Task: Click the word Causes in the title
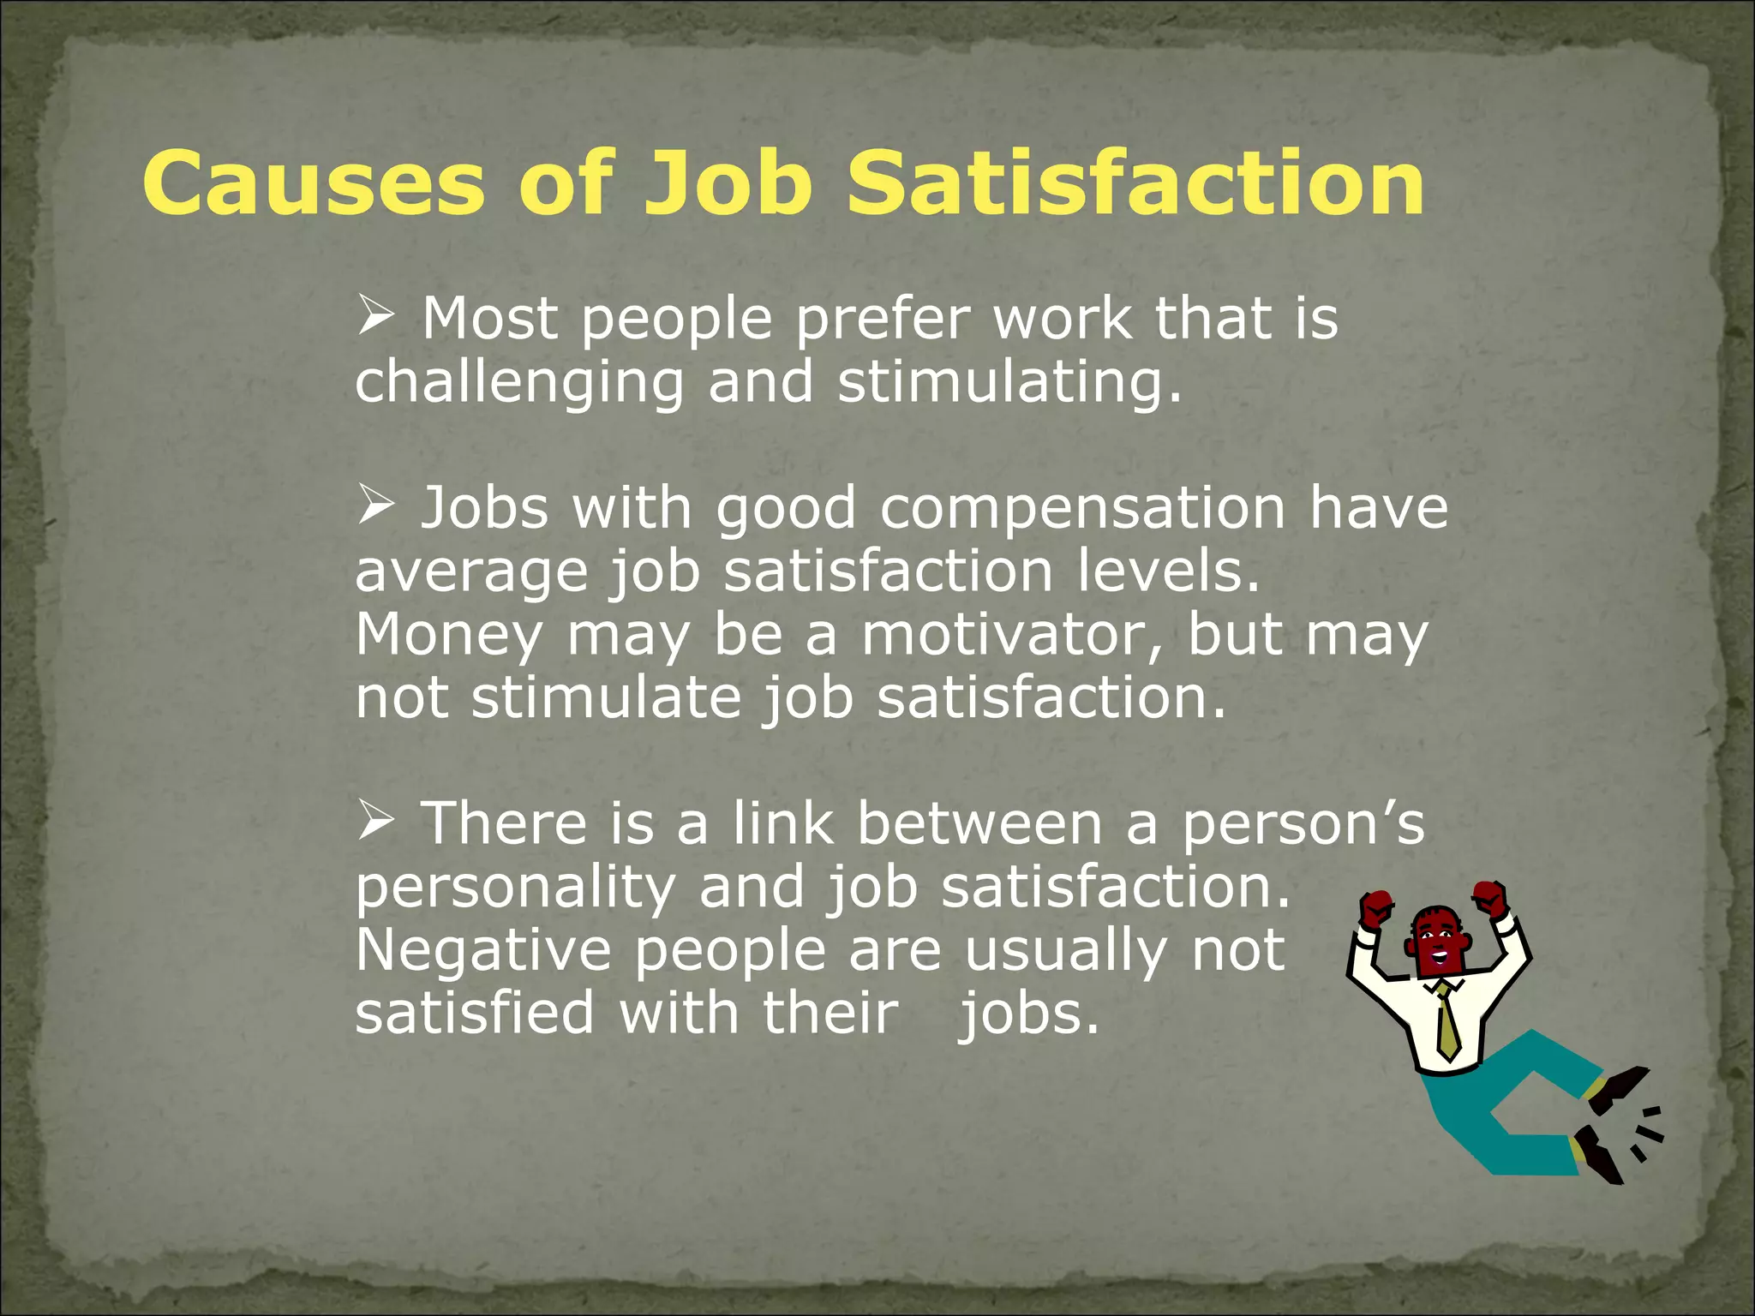(314, 183)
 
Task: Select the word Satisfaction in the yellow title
(1135, 183)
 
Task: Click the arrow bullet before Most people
(375, 315)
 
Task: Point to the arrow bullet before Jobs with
(375, 505)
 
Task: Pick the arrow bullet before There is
(375, 820)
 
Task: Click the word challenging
(519, 383)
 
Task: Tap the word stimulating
(1009, 381)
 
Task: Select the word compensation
(1082, 508)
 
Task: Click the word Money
(449, 636)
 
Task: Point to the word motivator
(1012, 636)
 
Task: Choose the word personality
(515, 888)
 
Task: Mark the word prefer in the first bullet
(883, 320)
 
